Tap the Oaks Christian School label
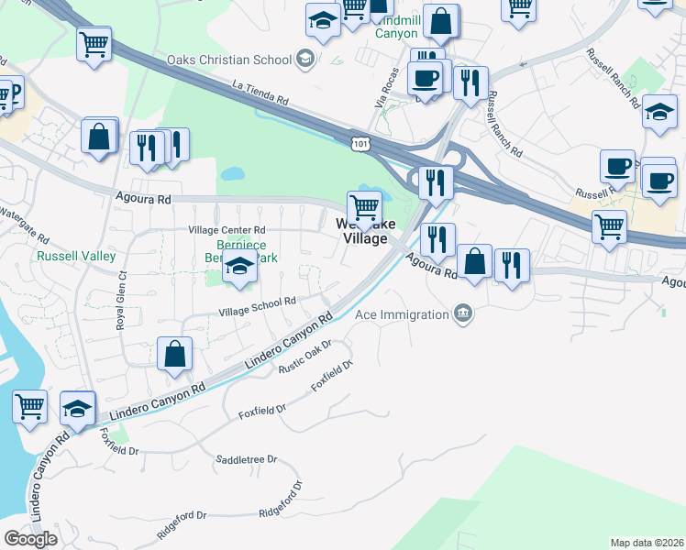pos(229,60)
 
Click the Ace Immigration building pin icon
pos(464,314)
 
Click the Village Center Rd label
pos(227,230)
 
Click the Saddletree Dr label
pos(246,458)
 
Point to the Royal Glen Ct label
pos(120,302)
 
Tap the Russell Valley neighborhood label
pos(76,257)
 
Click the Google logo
pos(30,538)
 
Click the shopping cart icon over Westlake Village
pos(365,207)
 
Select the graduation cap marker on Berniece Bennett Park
pos(239,268)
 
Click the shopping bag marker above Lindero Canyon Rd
pos(174,354)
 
